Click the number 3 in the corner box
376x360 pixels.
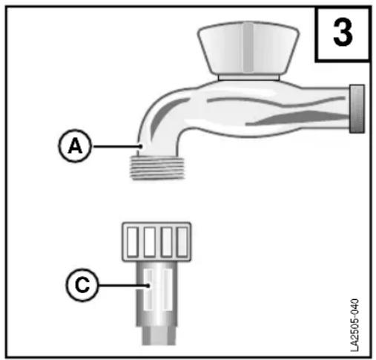point(343,33)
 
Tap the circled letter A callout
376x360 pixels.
point(75,145)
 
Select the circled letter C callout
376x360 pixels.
point(82,284)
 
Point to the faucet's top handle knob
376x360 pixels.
point(248,48)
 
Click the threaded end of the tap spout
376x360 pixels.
point(157,168)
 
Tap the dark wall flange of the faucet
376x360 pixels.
point(357,109)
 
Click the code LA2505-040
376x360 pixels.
point(354,325)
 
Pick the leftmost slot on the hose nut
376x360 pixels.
point(133,242)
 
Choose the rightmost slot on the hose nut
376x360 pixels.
point(182,242)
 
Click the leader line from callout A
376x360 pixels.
point(117,146)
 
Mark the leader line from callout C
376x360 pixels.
point(124,286)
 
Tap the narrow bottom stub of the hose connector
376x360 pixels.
point(159,336)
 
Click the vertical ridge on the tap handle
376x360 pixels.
point(248,48)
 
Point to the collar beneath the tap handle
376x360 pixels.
point(249,78)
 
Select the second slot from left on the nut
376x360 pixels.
point(150,242)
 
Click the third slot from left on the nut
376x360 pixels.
point(166,242)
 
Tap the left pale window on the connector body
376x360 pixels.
point(148,289)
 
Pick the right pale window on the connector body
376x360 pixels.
point(168,289)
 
